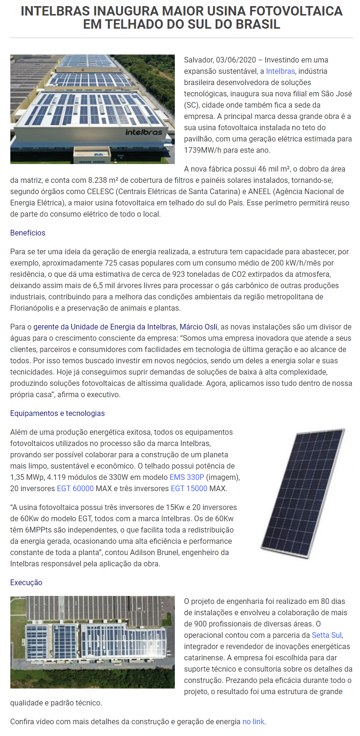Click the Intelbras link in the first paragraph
click(x=280, y=71)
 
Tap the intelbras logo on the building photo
click(x=144, y=132)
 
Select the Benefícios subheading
click(x=28, y=233)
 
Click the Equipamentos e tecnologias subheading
click(x=57, y=413)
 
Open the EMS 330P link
click(x=187, y=477)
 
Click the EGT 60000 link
click(x=75, y=488)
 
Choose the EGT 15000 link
click(x=189, y=488)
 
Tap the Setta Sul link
click(x=327, y=635)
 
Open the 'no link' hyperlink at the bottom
click(x=253, y=721)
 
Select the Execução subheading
click(x=26, y=582)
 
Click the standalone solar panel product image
click(x=304, y=493)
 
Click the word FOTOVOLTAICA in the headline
click(x=292, y=11)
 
